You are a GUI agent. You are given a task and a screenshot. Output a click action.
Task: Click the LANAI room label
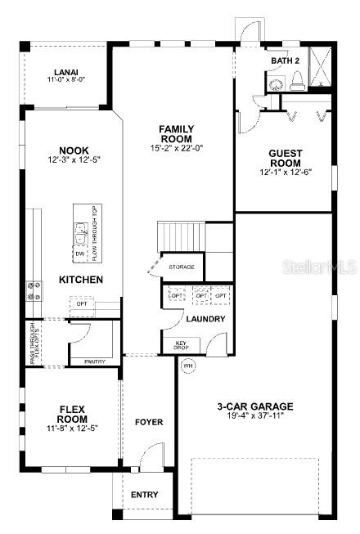point(65,72)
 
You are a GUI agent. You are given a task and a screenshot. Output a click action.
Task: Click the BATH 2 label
point(286,61)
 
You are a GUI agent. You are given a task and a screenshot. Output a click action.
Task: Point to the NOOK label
point(74,150)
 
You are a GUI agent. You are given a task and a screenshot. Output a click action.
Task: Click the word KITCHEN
point(81,280)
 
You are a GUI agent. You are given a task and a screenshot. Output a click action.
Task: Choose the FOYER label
point(149,422)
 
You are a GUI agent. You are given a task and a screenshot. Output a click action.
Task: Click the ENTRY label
point(145,495)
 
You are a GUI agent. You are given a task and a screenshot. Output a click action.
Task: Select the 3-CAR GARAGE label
point(255,406)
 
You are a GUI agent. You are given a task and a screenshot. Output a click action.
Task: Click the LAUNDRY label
point(205,319)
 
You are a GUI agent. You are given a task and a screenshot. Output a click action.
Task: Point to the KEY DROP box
point(182,345)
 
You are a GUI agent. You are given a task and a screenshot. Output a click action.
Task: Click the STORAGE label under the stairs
point(182,267)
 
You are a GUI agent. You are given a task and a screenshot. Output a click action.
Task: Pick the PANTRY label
point(95,361)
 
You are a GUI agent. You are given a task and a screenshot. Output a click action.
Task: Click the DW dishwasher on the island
point(80,254)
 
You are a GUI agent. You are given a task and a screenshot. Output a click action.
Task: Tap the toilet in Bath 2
point(297,79)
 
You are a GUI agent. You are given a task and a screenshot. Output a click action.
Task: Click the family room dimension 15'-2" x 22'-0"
point(176,148)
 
